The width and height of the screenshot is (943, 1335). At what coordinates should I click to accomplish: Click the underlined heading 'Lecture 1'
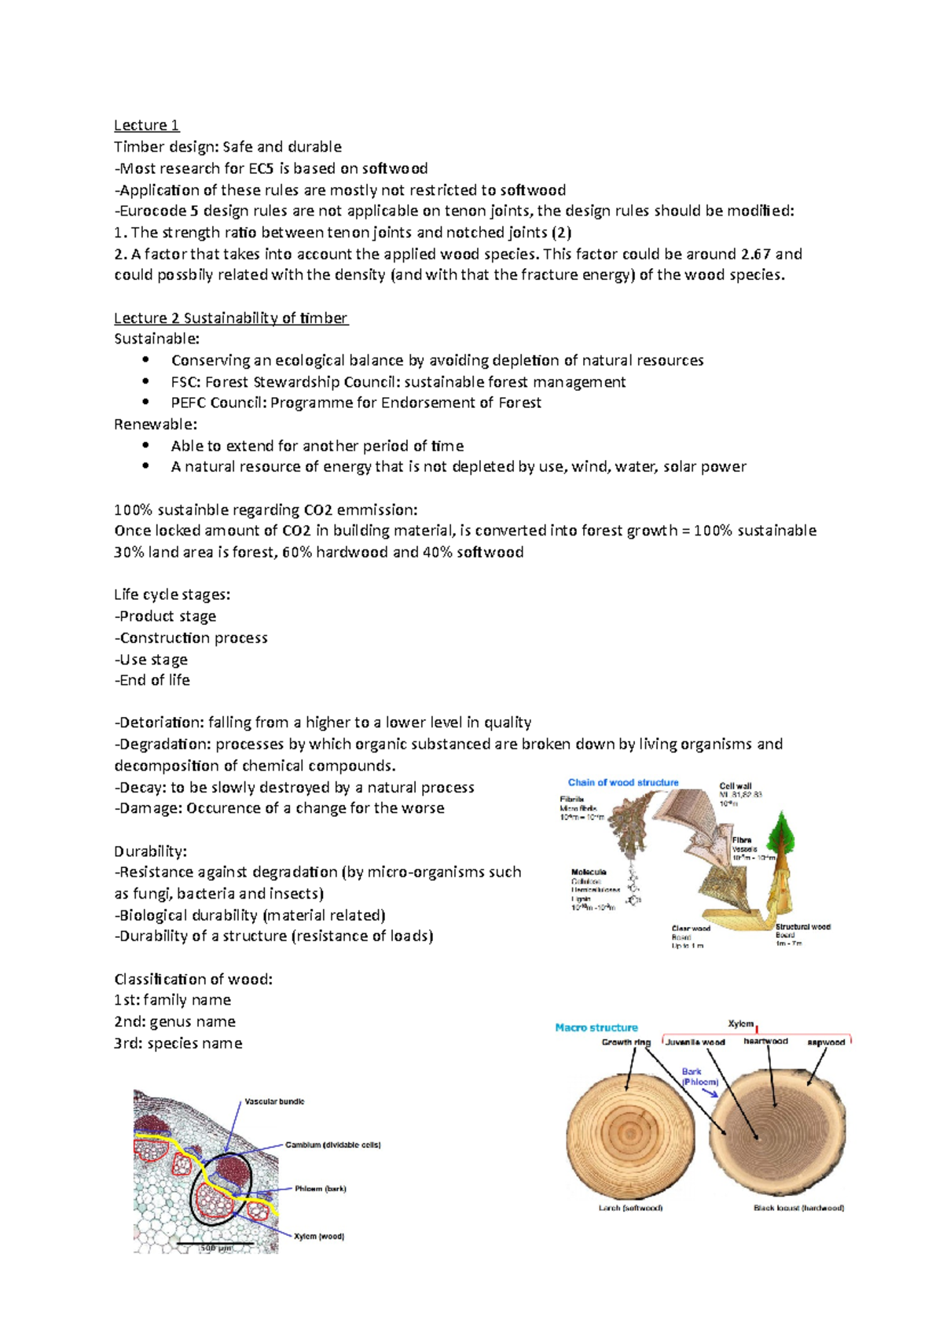click(146, 125)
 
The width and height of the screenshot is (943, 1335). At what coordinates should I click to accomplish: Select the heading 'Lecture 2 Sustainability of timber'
click(230, 318)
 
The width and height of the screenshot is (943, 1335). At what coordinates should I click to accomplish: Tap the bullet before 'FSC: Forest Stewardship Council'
click(145, 381)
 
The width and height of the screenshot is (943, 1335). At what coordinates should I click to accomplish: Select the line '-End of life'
click(152, 680)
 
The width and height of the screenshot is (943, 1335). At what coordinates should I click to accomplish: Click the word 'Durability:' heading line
click(151, 851)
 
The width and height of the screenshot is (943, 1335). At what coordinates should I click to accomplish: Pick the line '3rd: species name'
click(178, 1043)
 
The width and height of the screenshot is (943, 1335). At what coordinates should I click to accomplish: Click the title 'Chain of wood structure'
click(623, 782)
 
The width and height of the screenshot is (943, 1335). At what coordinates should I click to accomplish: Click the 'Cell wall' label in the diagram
click(736, 785)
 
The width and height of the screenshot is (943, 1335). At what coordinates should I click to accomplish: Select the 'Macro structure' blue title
click(596, 1028)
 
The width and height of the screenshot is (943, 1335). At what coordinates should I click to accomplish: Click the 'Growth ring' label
click(626, 1043)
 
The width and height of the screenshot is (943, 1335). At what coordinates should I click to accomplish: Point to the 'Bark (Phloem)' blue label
click(699, 1077)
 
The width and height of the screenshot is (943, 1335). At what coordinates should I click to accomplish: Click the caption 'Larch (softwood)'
click(630, 1208)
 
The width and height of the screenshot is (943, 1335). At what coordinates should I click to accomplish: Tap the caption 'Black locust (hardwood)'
click(798, 1208)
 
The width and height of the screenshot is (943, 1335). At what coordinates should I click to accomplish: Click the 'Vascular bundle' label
click(274, 1101)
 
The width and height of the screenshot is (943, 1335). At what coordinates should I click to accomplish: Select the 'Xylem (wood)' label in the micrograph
click(319, 1236)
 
